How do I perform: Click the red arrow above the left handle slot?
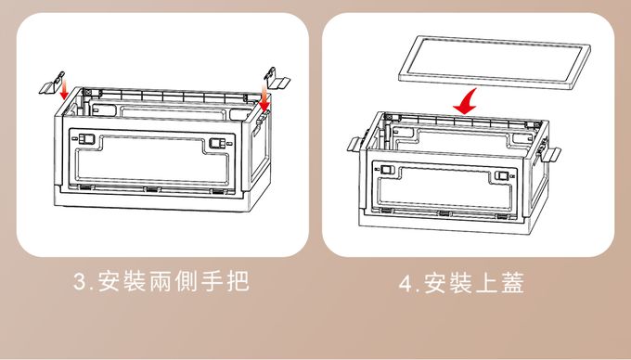(x=64, y=89)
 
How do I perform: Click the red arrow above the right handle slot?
(x=264, y=97)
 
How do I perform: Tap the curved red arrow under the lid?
(x=466, y=102)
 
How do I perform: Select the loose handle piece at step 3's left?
(x=52, y=84)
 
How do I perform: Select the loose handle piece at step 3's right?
(x=277, y=79)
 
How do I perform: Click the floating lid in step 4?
(x=495, y=61)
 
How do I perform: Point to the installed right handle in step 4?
(x=550, y=153)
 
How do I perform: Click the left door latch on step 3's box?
(x=86, y=139)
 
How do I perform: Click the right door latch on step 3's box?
(x=217, y=143)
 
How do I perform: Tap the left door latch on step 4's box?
(x=388, y=170)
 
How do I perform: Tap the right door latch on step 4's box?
(x=502, y=175)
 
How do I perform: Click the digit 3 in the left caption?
(x=80, y=281)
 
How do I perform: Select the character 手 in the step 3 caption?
(x=212, y=281)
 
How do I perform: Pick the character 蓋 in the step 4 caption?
(x=512, y=283)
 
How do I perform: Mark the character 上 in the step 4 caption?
(x=487, y=283)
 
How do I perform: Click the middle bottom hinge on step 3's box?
(x=152, y=189)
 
